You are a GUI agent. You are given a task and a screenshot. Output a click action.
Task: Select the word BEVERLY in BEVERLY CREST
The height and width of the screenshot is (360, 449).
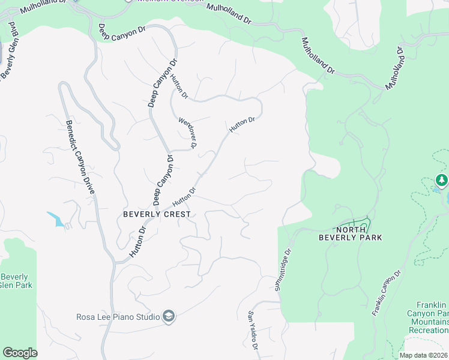(x=142, y=214)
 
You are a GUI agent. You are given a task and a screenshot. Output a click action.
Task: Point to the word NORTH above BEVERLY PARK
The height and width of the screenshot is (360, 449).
(x=351, y=230)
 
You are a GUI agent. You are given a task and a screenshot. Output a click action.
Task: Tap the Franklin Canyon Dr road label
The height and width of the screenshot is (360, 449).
(x=385, y=293)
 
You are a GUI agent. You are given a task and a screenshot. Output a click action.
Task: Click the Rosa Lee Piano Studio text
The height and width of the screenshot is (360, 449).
(x=118, y=317)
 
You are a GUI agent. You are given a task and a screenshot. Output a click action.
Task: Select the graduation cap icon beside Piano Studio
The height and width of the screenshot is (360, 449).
(x=169, y=317)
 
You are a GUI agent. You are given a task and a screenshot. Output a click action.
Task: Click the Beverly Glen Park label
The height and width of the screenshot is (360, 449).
(x=16, y=281)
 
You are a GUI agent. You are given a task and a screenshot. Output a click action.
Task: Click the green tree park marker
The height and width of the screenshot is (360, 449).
(x=442, y=180)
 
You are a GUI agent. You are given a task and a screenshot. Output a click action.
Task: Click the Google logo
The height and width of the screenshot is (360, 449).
(x=20, y=353)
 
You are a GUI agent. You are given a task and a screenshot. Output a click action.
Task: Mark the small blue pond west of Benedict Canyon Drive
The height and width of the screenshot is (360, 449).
(x=56, y=220)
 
